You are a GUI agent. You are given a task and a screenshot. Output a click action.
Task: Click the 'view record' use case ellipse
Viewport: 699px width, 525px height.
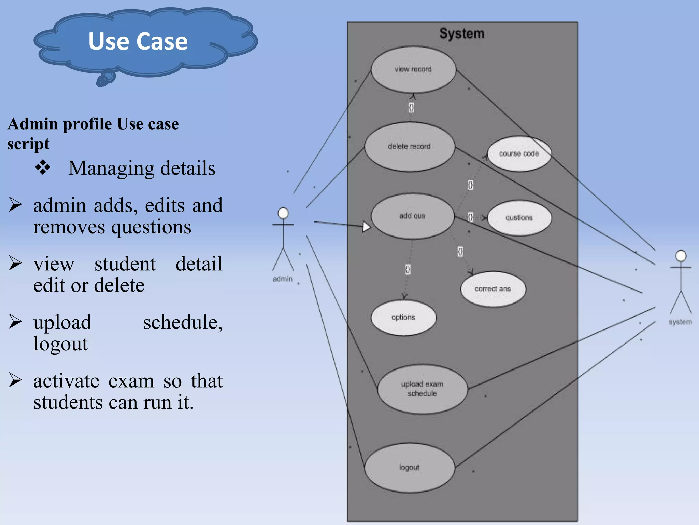pyautogui.click(x=413, y=69)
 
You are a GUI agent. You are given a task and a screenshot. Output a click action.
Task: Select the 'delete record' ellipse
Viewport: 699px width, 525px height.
pyautogui.click(x=409, y=147)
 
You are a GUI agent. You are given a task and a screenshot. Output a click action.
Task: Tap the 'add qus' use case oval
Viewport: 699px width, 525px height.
pyautogui.click(x=412, y=216)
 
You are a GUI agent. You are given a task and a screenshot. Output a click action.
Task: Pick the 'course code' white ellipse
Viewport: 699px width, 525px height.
pyautogui.click(x=519, y=154)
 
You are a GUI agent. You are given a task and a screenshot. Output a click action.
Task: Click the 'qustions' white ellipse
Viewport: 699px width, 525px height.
pyautogui.click(x=519, y=218)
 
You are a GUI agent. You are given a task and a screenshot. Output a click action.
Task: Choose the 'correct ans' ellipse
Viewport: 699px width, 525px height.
pyautogui.click(x=493, y=289)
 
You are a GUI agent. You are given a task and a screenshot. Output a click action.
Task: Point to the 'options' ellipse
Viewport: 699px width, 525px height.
pyautogui.click(x=403, y=318)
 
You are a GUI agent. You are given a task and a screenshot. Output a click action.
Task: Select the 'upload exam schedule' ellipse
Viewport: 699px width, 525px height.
pyautogui.click(x=422, y=389)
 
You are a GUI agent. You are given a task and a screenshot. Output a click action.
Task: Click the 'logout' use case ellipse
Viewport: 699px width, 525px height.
pyautogui.click(x=409, y=467)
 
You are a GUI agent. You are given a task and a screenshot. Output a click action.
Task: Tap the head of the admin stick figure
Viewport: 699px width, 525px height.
pyautogui.click(x=283, y=213)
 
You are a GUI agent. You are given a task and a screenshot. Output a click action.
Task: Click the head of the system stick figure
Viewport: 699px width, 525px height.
pyautogui.click(x=681, y=256)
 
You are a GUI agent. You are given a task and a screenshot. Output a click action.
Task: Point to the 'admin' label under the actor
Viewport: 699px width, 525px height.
pyautogui.click(x=283, y=279)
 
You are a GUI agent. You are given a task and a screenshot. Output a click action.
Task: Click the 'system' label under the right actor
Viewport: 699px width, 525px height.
pyautogui.click(x=680, y=322)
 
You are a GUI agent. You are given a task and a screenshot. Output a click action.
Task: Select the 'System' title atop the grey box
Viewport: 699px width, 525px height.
pyautogui.click(x=462, y=33)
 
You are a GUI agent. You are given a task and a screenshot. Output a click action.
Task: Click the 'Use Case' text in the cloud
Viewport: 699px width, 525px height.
pyautogui.click(x=138, y=41)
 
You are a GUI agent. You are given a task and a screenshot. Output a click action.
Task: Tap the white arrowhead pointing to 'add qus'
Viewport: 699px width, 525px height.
pyautogui.click(x=366, y=226)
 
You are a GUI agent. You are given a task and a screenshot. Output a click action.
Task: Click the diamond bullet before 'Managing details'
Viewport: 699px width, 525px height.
pyautogui.click(x=43, y=167)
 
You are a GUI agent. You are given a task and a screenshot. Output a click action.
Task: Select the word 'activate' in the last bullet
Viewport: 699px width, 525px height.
pyautogui.click(x=67, y=381)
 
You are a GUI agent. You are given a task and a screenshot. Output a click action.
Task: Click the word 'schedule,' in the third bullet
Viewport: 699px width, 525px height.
pyautogui.click(x=183, y=322)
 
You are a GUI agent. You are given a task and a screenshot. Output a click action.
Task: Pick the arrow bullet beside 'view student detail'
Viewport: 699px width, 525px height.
pyautogui.click(x=15, y=263)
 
